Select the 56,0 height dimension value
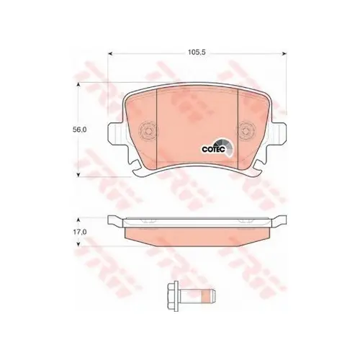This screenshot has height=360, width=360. [80, 130]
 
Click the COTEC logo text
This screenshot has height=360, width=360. [213, 149]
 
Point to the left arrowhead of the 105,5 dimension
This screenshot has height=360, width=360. [110, 53]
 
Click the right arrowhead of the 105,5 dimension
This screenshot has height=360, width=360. [284, 53]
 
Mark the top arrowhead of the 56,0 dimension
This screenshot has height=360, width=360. [78, 85]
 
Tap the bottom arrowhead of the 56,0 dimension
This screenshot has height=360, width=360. [78, 175]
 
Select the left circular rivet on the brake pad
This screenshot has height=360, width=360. [149, 131]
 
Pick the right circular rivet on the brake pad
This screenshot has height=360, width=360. [246, 131]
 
